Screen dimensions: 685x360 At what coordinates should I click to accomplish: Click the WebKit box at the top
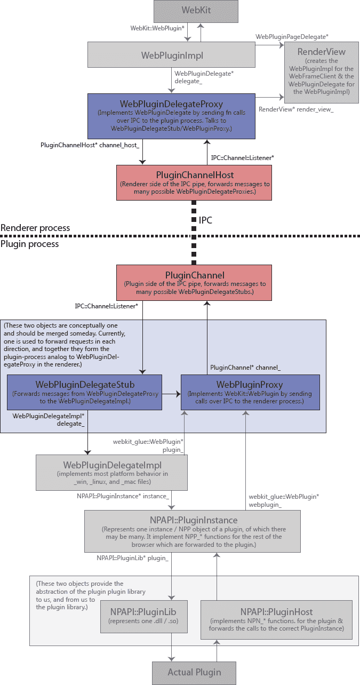click(194, 11)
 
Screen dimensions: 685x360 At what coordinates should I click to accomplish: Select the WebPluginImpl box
click(172, 55)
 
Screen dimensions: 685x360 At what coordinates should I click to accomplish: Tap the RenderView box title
click(322, 52)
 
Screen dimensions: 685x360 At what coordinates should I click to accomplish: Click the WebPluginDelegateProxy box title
click(171, 103)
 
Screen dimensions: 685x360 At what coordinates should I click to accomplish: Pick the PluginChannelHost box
click(194, 182)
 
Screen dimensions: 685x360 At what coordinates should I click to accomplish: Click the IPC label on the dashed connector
click(206, 220)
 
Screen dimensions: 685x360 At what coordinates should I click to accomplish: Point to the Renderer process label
click(35, 228)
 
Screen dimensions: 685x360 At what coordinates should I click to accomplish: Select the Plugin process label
click(29, 244)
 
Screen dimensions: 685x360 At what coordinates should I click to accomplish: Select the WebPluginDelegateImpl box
click(111, 472)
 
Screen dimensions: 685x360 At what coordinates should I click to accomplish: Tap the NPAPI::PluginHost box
click(276, 619)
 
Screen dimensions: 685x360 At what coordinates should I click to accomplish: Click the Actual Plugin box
click(194, 672)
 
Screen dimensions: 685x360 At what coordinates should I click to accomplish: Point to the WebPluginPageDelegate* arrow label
click(292, 36)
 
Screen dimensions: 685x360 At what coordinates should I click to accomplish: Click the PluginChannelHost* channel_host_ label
click(90, 145)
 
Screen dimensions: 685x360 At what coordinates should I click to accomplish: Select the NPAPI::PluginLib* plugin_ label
click(132, 557)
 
